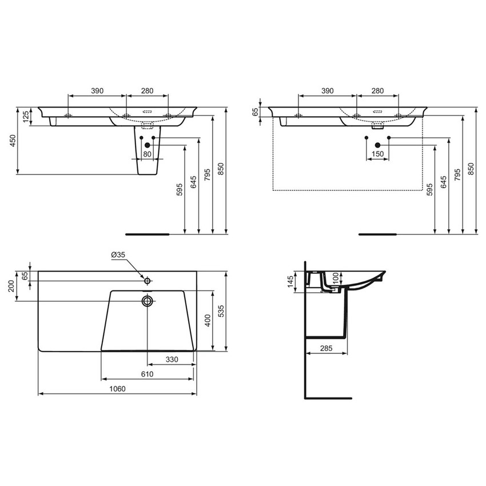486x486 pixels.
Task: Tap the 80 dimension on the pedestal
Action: pos(147,154)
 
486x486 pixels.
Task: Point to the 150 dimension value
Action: pos(377,154)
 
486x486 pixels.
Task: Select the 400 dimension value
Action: pos(208,321)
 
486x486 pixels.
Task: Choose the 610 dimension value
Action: pos(147,374)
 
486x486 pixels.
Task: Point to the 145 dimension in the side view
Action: pos(290,281)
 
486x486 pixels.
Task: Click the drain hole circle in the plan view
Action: pos(148,301)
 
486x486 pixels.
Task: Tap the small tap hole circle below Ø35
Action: pos(147,281)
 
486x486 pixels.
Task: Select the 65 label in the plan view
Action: pos(25,276)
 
